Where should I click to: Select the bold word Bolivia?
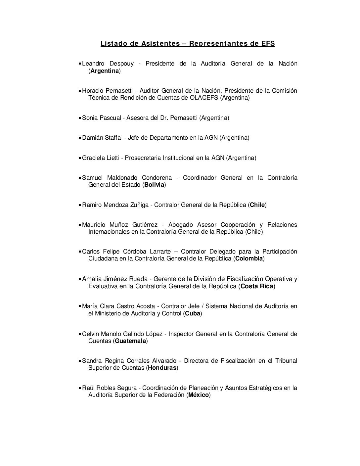(154, 185)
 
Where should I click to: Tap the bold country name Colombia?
(249, 258)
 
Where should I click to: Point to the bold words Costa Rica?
(257, 286)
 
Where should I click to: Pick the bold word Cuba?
(193, 313)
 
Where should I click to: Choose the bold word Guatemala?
(130, 341)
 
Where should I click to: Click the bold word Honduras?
(162, 368)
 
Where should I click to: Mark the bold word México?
(199, 395)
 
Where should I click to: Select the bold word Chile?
(257, 205)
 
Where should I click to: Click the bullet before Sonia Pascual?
(80, 118)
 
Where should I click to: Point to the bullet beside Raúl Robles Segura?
(80, 388)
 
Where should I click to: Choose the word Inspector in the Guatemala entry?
(181, 334)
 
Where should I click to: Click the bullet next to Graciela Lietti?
(80, 158)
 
